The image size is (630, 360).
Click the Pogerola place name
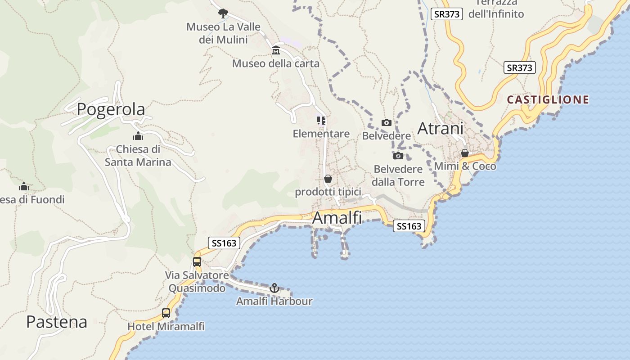tap(111, 109)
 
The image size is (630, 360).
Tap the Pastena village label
tap(57, 322)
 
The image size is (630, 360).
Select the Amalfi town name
tap(337, 218)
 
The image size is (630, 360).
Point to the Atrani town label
tap(440, 128)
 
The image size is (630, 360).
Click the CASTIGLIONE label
tap(548, 99)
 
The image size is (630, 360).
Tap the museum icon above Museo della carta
tap(276, 50)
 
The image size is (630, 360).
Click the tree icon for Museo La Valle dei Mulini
tap(223, 13)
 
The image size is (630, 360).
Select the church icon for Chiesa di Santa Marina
tap(138, 136)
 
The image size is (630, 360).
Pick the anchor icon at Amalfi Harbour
tap(274, 288)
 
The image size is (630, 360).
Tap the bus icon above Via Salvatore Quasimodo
tap(197, 261)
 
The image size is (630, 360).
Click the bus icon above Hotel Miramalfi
tap(166, 313)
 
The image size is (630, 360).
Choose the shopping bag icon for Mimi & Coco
tap(465, 153)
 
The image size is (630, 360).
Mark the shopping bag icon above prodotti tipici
tap(328, 179)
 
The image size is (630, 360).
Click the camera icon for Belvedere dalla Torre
tap(398, 156)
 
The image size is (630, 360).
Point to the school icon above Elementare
tap(321, 120)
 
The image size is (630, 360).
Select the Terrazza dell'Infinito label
tap(496, 9)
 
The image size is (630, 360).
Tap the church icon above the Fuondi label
tap(24, 186)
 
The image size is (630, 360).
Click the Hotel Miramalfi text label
tap(166, 326)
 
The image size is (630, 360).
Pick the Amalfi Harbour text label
tap(274, 301)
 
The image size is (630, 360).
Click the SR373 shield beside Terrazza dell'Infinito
tap(447, 14)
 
